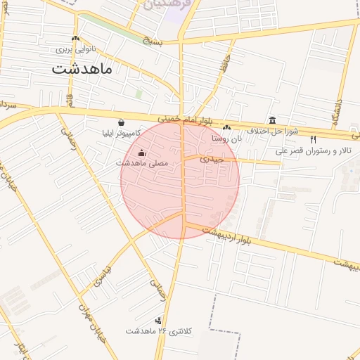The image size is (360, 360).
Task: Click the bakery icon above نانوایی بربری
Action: coord(76,39)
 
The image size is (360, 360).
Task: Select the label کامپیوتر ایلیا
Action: coord(122,132)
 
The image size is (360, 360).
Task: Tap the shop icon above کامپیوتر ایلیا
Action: coord(122,122)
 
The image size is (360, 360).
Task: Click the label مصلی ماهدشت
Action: coord(142,163)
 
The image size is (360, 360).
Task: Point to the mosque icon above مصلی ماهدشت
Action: coord(141,153)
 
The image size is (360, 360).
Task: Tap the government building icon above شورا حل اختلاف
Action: coord(272,120)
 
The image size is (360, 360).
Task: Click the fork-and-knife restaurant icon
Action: coord(313,140)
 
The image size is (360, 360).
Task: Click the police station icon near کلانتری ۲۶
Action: coord(157,320)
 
